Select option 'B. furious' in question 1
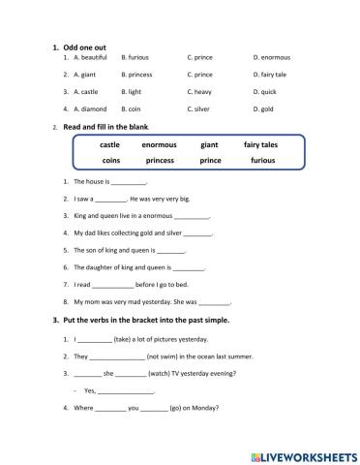click(x=138, y=57)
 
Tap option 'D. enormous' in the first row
click(x=271, y=57)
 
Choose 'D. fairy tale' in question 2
click(x=270, y=75)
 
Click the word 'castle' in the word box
click(x=109, y=144)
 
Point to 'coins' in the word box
click(x=109, y=161)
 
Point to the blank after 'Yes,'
click(x=126, y=391)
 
